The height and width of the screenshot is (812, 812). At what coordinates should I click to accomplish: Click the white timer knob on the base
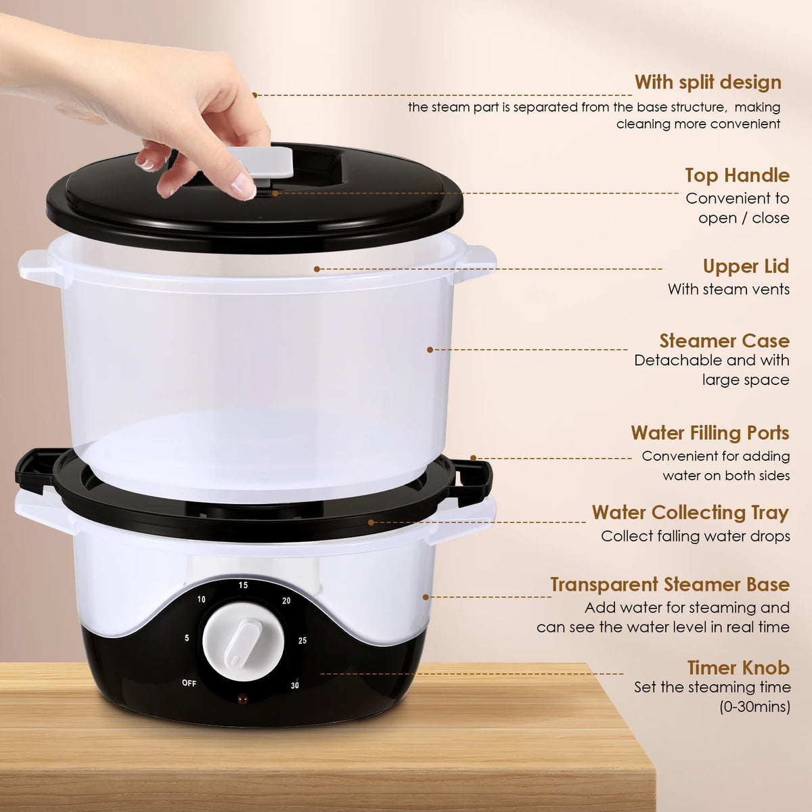point(243,641)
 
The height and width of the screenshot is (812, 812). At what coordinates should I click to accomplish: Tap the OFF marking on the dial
point(189,683)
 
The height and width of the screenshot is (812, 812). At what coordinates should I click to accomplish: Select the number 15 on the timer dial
point(243,585)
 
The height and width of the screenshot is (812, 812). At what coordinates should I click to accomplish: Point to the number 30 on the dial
point(295,685)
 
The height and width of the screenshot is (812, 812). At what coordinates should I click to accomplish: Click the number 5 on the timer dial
point(187,638)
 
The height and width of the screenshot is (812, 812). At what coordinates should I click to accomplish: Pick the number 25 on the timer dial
point(302,641)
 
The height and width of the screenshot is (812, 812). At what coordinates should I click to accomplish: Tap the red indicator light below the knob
point(242,700)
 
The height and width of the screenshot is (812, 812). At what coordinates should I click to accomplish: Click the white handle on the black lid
point(261,162)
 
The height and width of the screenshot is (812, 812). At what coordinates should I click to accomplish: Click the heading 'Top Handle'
point(737,175)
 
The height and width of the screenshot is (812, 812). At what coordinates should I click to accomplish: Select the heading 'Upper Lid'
point(746,267)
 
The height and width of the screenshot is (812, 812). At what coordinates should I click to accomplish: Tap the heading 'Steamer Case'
point(724,340)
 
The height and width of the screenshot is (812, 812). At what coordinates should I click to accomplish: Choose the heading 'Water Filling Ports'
point(710,433)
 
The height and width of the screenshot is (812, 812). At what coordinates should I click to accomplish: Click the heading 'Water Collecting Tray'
point(690,513)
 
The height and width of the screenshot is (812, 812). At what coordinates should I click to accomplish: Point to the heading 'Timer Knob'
point(738,667)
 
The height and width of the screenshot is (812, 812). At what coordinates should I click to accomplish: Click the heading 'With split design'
point(708,82)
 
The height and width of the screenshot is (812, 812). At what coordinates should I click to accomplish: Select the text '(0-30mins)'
point(754,706)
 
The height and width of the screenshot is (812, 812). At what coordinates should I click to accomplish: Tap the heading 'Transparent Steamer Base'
point(670,585)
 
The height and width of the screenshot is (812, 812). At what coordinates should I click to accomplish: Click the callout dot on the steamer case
point(430,350)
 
